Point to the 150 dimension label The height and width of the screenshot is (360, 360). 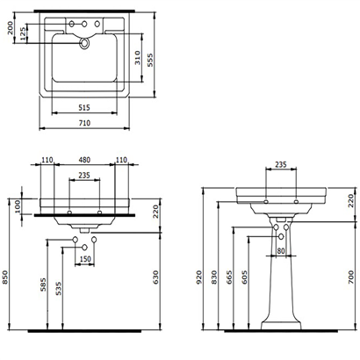[x=85, y=260]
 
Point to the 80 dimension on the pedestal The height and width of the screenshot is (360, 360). [x=280, y=253]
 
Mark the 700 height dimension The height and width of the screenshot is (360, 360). [x=349, y=279]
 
